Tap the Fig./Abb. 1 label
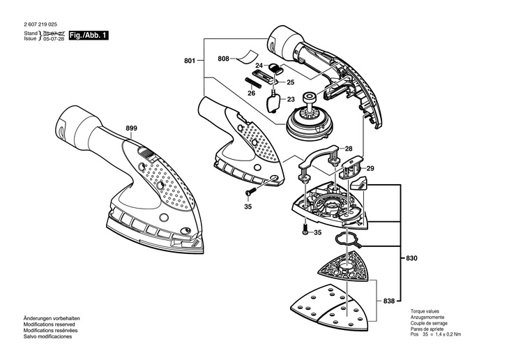pos(89,35)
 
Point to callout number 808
pos(223,59)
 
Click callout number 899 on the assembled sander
pos(132,128)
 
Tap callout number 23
pos(291,99)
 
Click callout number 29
pos(370,169)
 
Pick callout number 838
pos(389,301)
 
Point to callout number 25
pos(290,82)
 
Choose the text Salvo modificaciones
pos(47,336)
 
